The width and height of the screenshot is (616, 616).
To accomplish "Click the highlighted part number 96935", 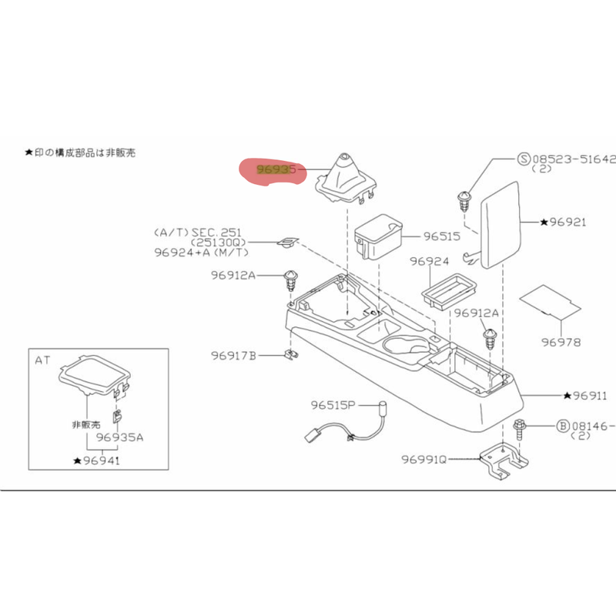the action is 276,169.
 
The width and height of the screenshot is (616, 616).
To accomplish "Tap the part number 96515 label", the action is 441,236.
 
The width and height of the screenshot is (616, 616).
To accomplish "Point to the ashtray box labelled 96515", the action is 378,236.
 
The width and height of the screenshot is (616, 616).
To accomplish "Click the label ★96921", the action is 563,223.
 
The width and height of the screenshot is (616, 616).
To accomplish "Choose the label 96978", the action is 561,342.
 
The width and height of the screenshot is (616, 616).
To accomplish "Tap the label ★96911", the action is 585,396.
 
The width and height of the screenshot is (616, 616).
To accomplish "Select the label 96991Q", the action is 424,459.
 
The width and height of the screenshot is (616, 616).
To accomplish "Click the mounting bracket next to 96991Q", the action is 504,460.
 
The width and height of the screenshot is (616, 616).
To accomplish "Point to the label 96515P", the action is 333,405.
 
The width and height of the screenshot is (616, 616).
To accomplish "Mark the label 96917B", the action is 233,356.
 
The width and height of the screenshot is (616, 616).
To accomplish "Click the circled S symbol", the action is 524,159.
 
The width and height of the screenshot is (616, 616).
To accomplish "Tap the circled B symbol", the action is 564,426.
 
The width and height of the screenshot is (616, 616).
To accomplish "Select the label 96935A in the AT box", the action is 120,437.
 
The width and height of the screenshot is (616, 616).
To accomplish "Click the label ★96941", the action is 97,460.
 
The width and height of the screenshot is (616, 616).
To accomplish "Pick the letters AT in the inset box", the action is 42,360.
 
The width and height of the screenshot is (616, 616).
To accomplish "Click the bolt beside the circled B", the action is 518,431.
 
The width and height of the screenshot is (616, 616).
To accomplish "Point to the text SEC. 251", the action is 216,233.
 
